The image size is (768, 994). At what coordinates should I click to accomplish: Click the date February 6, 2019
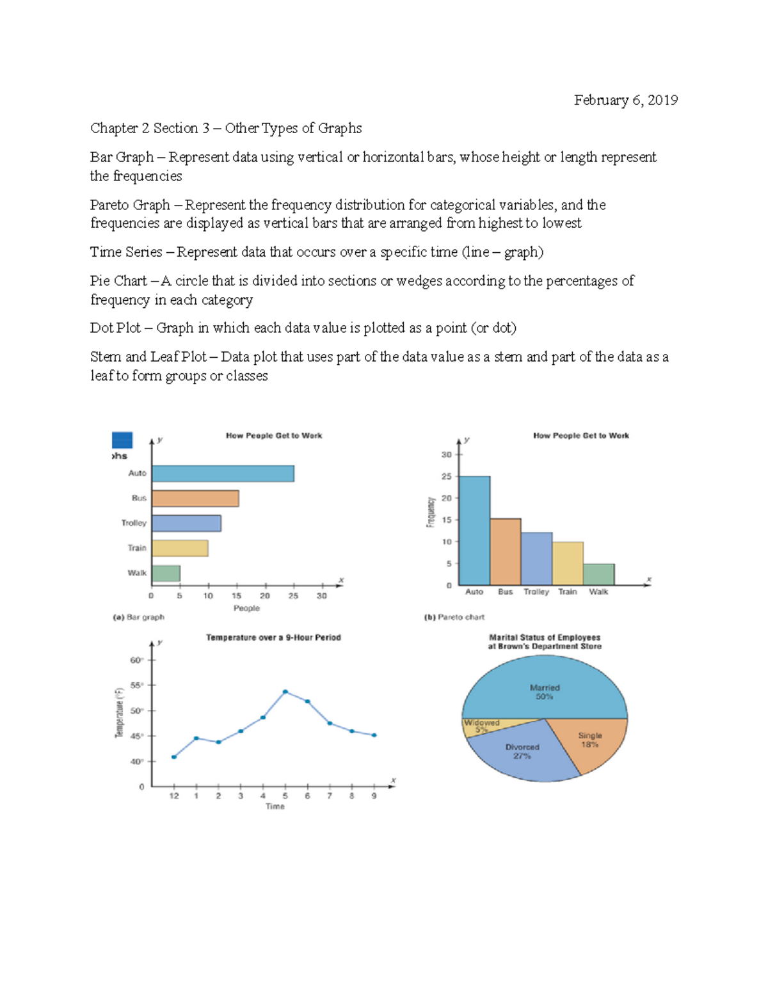pos(625,100)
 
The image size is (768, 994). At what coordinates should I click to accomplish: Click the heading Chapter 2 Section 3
pos(150,128)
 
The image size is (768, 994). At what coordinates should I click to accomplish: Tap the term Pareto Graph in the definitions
pos(130,205)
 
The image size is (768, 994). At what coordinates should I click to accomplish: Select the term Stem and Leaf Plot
pos(148,357)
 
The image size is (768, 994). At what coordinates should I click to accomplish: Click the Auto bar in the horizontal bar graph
pos(223,474)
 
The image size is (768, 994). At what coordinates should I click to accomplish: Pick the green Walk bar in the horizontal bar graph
pos(166,573)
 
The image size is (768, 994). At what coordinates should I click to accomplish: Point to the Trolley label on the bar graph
pos(134,523)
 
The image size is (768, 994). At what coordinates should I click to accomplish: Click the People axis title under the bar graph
pos(246,608)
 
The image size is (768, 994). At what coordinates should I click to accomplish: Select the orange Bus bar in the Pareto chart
pos(506,552)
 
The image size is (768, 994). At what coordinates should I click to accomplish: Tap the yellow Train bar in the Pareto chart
pos(568,563)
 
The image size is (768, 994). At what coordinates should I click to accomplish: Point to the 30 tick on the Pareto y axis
pos(447,454)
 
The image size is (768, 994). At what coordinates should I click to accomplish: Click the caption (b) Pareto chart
pos(454,617)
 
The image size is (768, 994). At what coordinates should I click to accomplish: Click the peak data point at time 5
pos(285,692)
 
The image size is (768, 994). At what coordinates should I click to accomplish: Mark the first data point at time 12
pos(174,757)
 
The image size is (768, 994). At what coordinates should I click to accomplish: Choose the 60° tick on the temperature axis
pos(137,660)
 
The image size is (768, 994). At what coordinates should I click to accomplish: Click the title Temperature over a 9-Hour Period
pos(273,637)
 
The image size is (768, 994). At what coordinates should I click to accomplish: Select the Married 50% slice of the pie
pos(544,688)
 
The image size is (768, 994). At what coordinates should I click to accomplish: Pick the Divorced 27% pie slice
pos(522,755)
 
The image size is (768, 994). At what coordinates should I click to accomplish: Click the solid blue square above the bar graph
pos(122,440)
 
